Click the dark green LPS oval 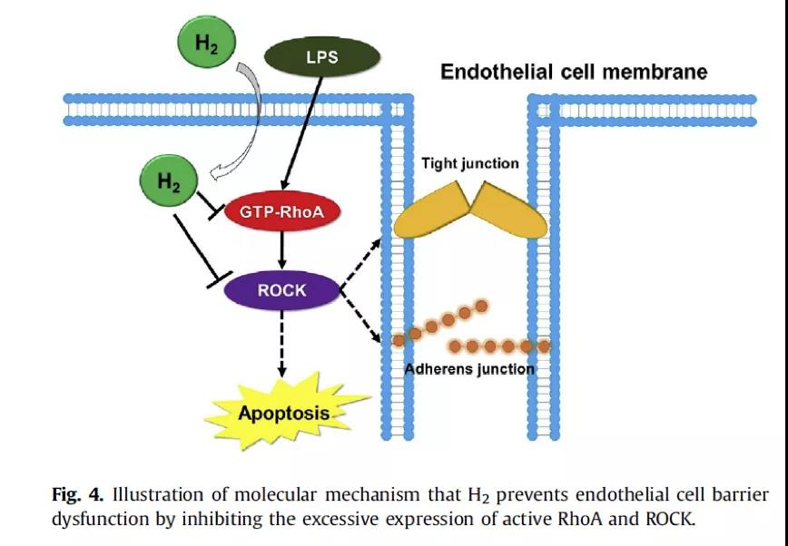click(x=320, y=57)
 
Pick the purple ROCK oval click(x=282, y=290)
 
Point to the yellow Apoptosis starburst click(x=284, y=413)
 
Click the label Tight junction click(x=470, y=164)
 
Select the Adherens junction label click(x=469, y=369)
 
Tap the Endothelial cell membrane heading click(x=574, y=72)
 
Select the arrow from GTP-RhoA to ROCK click(x=281, y=250)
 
